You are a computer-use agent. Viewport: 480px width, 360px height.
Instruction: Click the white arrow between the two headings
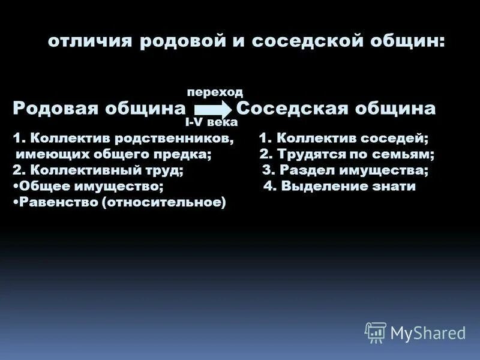212,109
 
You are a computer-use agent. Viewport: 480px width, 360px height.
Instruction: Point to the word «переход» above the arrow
215,92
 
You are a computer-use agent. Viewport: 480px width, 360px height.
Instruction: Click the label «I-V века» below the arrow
211,122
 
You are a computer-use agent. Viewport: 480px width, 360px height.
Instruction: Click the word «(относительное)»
164,203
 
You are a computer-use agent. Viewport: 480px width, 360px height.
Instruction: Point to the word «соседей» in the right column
401,139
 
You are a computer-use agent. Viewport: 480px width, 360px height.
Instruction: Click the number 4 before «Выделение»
268,187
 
